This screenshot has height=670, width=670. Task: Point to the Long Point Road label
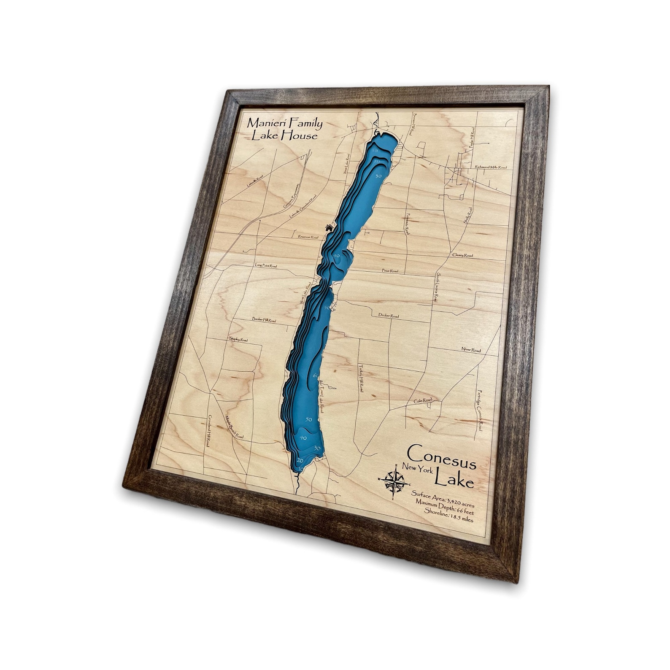coord(266,266)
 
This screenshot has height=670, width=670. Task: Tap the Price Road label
coord(390,271)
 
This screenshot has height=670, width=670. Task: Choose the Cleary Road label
coord(462,255)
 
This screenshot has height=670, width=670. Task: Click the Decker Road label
coord(388,316)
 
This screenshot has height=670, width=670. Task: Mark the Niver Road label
coord(470,350)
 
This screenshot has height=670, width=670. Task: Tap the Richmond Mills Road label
coord(490,167)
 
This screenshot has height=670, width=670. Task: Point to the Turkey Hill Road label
coord(361,378)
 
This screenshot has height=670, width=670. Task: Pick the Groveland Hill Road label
coord(208,431)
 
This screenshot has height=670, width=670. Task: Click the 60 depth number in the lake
coord(316,375)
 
